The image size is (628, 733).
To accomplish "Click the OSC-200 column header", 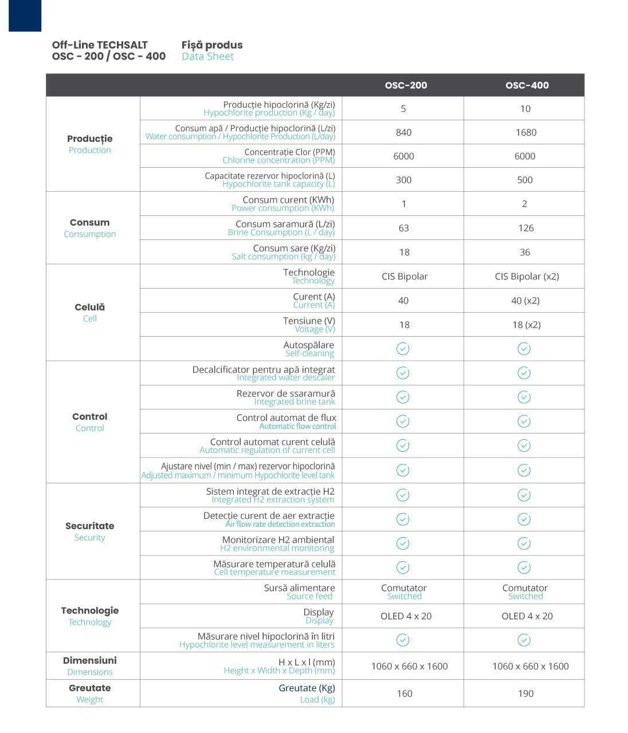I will click(406, 85).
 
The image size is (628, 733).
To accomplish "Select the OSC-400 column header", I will click(527, 85).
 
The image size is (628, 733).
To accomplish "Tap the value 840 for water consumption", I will click(403, 132).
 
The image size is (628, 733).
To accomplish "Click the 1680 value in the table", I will click(525, 132).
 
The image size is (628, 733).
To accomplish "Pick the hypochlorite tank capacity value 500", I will click(524, 180).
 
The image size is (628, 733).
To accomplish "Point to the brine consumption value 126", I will click(525, 228).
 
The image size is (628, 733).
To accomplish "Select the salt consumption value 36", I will click(524, 252).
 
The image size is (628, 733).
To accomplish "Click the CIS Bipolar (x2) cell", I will click(527, 276).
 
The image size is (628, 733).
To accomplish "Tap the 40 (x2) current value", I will click(525, 301).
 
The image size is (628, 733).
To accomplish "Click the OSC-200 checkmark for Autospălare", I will click(403, 349).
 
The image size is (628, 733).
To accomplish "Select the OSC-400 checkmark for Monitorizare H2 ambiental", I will click(524, 543).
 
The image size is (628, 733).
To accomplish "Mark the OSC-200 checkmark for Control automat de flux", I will click(403, 421).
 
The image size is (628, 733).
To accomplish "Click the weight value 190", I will click(525, 693).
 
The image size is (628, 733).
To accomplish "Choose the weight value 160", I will click(404, 693).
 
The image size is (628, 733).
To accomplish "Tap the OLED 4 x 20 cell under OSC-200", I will click(406, 616).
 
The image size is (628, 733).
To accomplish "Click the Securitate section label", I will click(90, 526).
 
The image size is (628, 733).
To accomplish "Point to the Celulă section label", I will click(90, 308).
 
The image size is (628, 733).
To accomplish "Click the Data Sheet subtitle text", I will click(207, 56).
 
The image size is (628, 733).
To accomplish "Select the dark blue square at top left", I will click(25, 15).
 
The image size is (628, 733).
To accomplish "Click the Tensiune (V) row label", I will click(309, 321).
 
